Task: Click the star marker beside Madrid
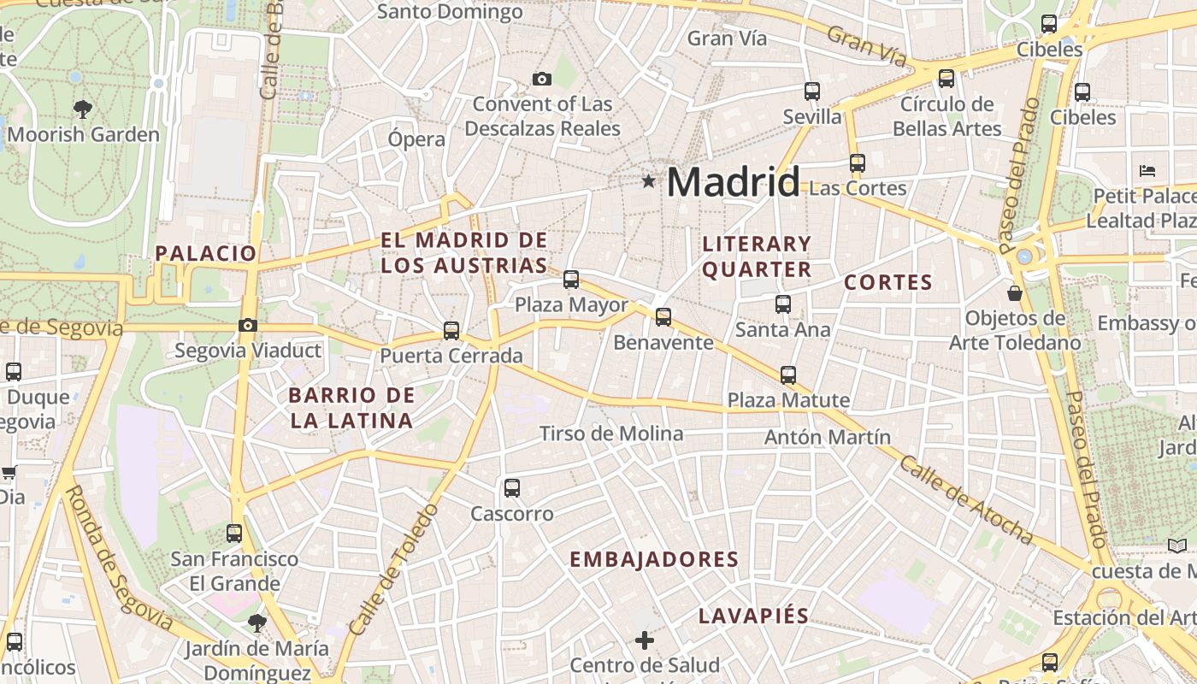[x=649, y=181]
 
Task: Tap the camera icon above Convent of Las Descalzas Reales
[x=541, y=80]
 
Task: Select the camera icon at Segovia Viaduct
[x=248, y=325]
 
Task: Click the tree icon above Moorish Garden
[x=83, y=109]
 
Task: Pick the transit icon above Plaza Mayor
[x=571, y=280]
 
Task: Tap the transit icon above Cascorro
[x=511, y=488]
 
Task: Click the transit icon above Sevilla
[x=812, y=91]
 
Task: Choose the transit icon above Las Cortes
[x=858, y=162]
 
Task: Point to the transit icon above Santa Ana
[x=782, y=304]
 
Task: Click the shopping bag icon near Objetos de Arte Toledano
[x=1015, y=293]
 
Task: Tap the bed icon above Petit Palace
[x=1147, y=171]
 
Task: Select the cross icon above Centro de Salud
[x=645, y=640]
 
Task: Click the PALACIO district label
[x=205, y=253]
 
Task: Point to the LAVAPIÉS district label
[x=753, y=616]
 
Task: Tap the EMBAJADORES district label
[x=654, y=559]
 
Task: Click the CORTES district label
[x=887, y=282]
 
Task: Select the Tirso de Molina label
[x=611, y=433]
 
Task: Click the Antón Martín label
[x=828, y=437]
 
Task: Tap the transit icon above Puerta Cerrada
[x=451, y=330]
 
